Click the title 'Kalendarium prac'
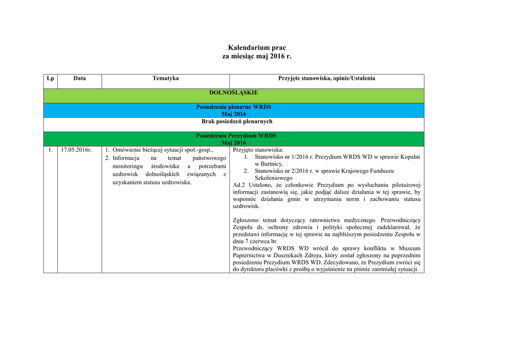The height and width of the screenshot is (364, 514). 256,47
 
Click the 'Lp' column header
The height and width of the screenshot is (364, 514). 50,78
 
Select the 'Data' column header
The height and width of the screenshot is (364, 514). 79,78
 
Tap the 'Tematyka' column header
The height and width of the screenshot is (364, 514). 166,78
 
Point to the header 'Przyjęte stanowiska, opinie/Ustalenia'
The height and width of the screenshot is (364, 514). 327,78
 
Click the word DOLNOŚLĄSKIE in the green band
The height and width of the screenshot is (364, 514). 233,93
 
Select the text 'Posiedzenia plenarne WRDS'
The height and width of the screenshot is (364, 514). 233,107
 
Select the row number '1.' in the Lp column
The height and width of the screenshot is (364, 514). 51,150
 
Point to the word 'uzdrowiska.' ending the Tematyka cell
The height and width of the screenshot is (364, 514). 175,182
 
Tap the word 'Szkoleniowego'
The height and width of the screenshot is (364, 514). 274,178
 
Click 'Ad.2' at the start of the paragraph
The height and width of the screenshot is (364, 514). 239,185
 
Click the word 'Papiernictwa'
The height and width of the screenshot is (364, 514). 250,256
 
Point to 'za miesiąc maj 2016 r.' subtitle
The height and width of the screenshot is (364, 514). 256,57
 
